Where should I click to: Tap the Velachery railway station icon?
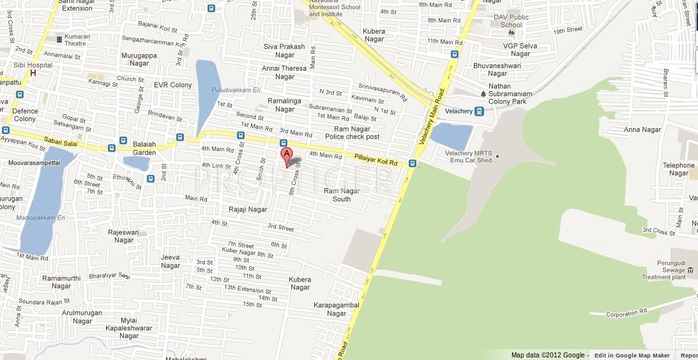[479, 111]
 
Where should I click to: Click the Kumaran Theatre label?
[77, 40]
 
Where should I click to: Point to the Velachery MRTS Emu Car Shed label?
[468, 156]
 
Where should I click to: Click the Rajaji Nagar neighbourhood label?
[248, 209]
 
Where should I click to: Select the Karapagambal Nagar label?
[336, 309]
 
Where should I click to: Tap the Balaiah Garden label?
[144, 148]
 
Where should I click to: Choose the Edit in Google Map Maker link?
[632, 356]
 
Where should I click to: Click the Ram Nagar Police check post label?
[352, 133]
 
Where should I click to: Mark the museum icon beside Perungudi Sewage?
[690, 271]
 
